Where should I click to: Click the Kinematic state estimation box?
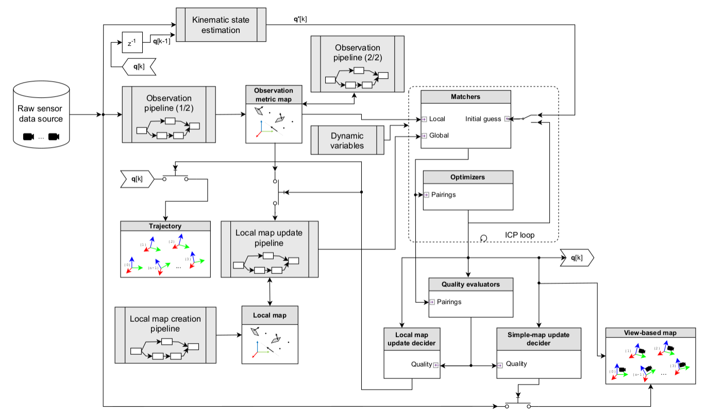pos(221,25)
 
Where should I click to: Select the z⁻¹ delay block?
pos(131,43)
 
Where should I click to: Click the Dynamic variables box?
pos(348,141)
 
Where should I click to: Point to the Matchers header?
pos(465,96)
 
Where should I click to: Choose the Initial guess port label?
pos(483,119)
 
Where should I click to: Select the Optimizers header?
pos(468,177)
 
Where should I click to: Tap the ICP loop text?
pos(519,235)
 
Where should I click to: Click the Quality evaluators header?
pos(471,284)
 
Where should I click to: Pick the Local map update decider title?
pos(411,339)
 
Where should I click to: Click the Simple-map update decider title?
pos(538,339)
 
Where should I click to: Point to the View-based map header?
pos(648,333)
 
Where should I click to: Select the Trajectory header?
pos(165,226)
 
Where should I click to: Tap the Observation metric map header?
pos(274,94)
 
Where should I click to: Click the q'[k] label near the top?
pos(297,19)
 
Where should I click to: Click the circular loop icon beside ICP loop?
pos(483,237)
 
